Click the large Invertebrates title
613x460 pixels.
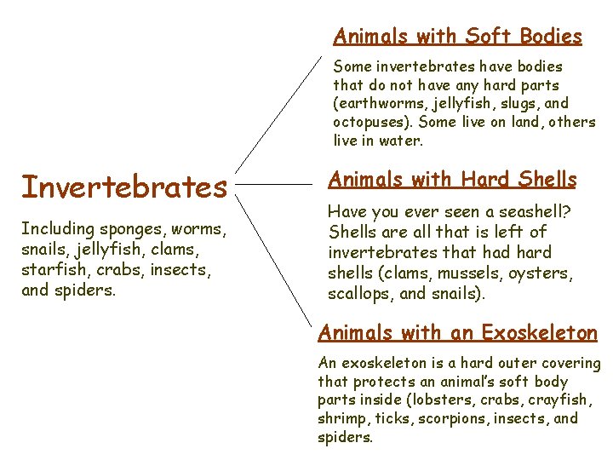pyautogui.click(x=124, y=186)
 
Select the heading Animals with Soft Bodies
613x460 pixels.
pyautogui.click(x=457, y=37)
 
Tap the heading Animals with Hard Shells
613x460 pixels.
pyautogui.click(x=452, y=180)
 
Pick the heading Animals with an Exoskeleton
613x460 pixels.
pyautogui.click(x=458, y=332)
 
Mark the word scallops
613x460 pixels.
pyautogui.click(x=358, y=293)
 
